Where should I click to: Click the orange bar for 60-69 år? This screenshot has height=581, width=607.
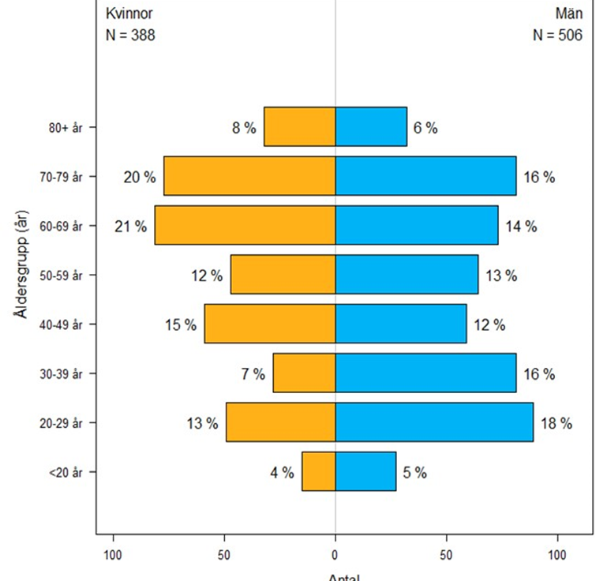point(245,225)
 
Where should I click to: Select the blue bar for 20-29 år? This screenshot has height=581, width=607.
point(434,422)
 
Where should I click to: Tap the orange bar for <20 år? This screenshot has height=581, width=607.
point(319,471)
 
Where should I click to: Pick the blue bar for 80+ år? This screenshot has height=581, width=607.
point(371,126)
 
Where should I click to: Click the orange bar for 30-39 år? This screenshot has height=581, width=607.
point(304,373)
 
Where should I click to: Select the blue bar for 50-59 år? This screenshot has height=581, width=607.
point(407,274)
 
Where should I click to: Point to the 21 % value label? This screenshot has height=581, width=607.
point(130,227)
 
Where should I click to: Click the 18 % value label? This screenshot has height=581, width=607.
point(556,423)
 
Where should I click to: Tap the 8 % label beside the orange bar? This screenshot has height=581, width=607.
point(244,128)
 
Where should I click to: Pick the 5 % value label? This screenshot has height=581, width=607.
point(414,473)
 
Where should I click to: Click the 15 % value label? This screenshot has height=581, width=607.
point(181,324)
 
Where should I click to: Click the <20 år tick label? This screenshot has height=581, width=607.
point(66,472)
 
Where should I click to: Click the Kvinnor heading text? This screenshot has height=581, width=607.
point(129,13)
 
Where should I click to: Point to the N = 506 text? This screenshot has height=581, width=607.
point(558,35)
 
